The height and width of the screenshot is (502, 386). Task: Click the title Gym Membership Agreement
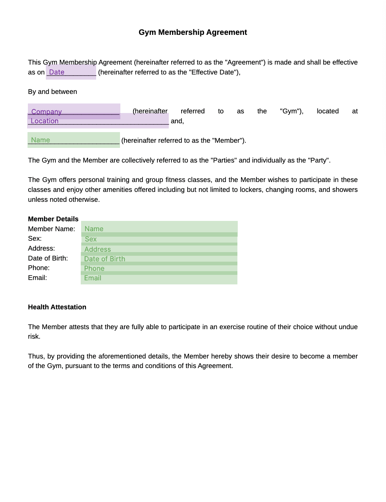click(x=193, y=32)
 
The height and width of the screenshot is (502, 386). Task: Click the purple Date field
click(x=71, y=72)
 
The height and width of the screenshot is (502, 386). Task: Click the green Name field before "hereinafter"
click(x=74, y=140)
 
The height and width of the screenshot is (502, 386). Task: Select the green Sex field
click(x=159, y=239)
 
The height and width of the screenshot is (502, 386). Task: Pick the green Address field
click(x=159, y=249)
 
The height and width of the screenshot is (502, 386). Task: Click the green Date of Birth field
click(x=159, y=259)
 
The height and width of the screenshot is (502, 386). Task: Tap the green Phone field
click(x=159, y=268)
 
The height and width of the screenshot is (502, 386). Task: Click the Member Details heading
click(x=53, y=219)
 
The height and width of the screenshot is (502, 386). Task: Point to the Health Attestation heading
click(x=57, y=307)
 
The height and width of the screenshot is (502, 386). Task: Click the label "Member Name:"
click(x=51, y=229)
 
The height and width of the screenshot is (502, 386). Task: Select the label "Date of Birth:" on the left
click(x=48, y=258)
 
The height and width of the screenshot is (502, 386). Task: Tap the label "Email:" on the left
click(x=37, y=278)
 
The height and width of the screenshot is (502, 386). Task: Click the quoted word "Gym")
click(x=291, y=111)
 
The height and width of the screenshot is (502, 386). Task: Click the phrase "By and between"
click(x=52, y=92)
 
